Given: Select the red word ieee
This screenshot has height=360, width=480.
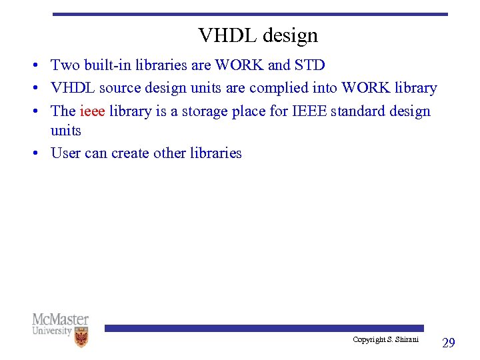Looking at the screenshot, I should coord(92,111).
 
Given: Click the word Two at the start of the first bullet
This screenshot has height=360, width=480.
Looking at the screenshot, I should coord(65,65).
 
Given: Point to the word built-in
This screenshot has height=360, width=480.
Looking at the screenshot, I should coord(107,65).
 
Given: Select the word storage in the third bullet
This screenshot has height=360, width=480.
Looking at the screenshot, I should coord(199,111).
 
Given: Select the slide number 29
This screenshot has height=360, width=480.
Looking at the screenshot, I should coord(449,343).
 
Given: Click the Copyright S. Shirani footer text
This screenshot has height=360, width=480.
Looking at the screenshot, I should coord(385,340).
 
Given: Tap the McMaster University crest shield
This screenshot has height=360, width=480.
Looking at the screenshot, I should coord(81,337).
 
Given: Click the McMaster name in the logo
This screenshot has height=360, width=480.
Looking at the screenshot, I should coord(60,319).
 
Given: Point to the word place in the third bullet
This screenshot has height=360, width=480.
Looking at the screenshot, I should coord(248,111).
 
